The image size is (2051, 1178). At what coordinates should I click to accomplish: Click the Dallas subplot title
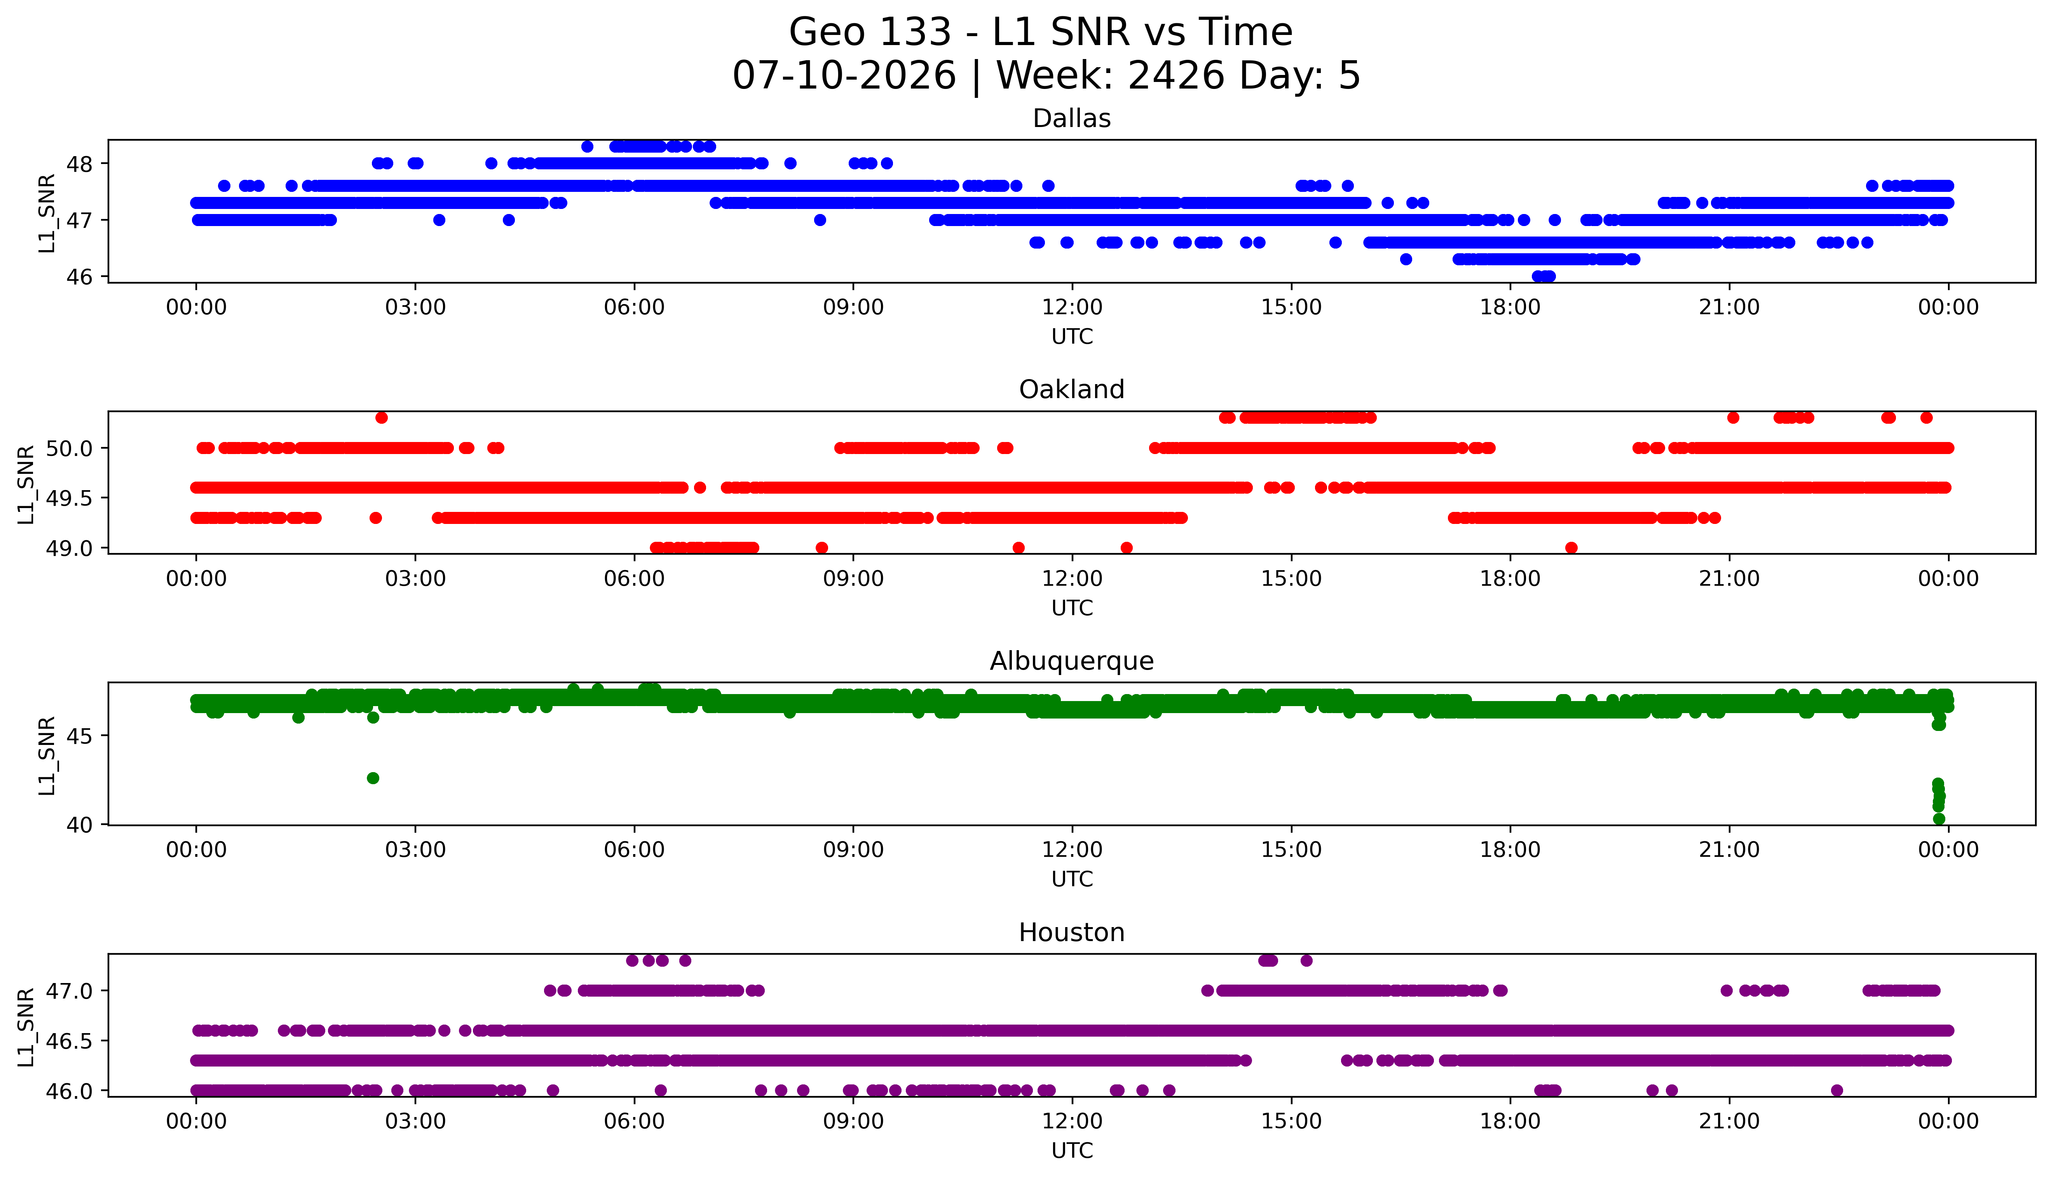click(x=1072, y=119)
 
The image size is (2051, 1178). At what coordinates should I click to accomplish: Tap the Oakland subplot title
click(x=1072, y=390)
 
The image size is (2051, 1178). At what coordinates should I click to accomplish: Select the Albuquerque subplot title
click(x=1072, y=661)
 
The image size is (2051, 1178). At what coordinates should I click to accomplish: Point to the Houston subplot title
click(x=1072, y=933)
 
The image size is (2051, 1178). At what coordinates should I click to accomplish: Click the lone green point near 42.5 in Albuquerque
click(x=373, y=778)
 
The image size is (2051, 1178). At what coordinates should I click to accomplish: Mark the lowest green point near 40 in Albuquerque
click(x=1939, y=819)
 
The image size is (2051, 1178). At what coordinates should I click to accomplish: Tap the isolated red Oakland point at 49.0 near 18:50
click(x=1572, y=548)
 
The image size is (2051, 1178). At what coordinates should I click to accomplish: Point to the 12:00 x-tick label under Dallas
click(x=1073, y=308)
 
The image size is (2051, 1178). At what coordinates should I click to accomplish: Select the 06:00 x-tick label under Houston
click(x=635, y=1121)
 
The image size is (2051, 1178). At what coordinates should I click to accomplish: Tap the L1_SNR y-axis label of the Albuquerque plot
click(x=47, y=756)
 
